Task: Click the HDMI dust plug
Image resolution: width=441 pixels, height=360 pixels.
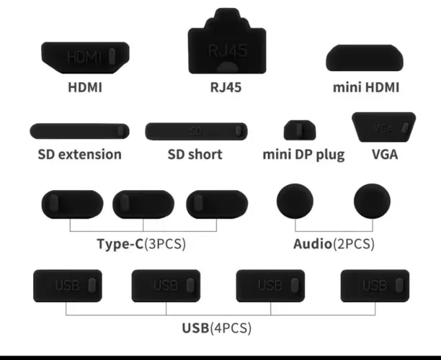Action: (85, 58)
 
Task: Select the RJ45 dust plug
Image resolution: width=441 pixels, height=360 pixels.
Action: (227, 42)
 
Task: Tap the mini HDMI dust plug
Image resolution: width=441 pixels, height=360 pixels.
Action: (365, 58)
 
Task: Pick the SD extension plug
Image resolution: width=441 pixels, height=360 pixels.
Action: (79, 131)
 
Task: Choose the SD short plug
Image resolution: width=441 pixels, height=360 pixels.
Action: (196, 131)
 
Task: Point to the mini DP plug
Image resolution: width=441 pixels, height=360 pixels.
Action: (300, 130)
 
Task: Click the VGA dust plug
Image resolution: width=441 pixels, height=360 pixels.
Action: (384, 127)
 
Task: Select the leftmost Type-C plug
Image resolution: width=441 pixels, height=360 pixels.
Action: (72, 204)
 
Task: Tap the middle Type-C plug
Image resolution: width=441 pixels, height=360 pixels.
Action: (143, 204)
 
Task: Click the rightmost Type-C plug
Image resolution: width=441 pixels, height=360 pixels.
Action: (217, 204)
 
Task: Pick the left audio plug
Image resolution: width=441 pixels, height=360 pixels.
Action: (295, 201)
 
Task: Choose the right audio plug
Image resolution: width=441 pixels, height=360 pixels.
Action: (372, 201)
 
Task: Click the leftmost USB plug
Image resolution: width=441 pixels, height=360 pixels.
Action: (68, 286)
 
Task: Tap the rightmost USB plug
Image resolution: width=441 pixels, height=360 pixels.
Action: (375, 286)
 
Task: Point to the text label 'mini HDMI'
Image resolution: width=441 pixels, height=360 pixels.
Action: (366, 87)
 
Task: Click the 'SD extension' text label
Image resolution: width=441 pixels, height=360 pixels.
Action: (79, 154)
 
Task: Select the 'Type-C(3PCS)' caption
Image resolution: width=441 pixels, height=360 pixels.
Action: (141, 243)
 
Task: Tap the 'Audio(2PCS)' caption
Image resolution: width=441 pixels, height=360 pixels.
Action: (334, 243)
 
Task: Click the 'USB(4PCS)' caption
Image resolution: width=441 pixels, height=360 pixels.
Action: (217, 328)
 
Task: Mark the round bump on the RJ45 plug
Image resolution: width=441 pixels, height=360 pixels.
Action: (228, 68)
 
